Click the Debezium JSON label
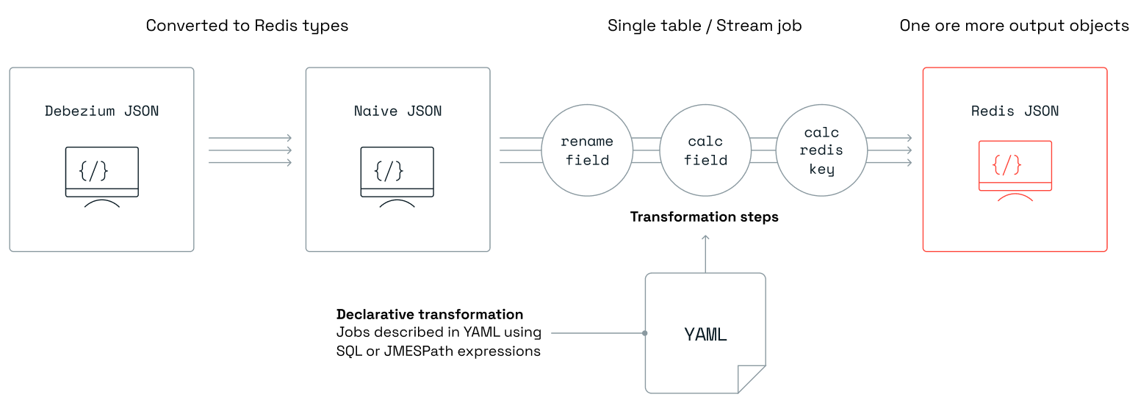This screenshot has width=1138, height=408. tap(101, 112)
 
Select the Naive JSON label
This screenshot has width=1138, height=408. tap(397, 112)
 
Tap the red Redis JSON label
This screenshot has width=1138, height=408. tap(1015, 112)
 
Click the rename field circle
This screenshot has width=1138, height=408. tap(587, 150)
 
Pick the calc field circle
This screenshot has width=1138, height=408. tap(705, 150)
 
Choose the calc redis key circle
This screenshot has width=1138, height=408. tap(822, 150)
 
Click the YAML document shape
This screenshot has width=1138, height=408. tap(705, 334)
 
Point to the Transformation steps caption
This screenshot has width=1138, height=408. tap(704, 217)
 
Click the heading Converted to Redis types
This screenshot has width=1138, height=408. tap(247, 26)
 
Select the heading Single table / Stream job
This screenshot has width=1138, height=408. tap(704, 26)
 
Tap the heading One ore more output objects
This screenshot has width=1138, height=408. tap(1014, 26)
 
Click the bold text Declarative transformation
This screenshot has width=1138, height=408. tap(430, 315)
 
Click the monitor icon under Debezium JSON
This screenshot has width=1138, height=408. tap(101, 176)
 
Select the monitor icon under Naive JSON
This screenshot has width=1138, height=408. tap(397, 176)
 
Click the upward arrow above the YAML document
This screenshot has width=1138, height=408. tap(705, 253)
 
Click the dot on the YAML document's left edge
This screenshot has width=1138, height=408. tap(645, 333)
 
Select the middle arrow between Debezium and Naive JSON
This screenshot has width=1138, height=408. tap(250, 150)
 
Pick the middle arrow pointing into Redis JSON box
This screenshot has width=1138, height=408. tap(890, 150)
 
